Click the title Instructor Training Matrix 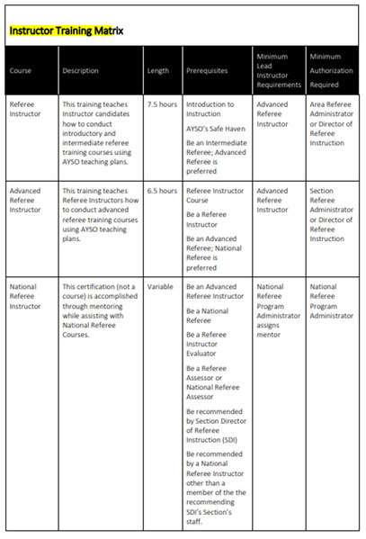(x=66, y=31)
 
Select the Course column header (x=22, y=71)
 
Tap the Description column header (x=82, y=71)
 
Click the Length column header (x=157, y=71)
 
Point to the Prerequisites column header (x=209, y=71)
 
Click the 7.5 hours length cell (x=162, y=104)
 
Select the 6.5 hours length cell (x=162, y=191)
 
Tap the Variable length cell (x=160, y=286)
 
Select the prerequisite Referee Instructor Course (x=212, y=196)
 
